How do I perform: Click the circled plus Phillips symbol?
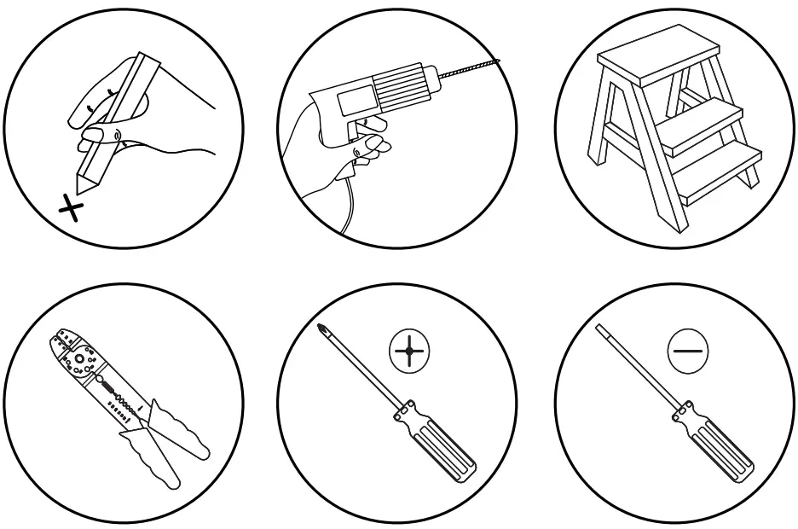(410, 351)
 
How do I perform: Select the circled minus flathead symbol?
(687, 350)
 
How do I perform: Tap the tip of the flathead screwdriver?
(598, 327)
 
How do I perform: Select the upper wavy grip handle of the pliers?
(183, 432)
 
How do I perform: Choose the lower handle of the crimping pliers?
(158, 465)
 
